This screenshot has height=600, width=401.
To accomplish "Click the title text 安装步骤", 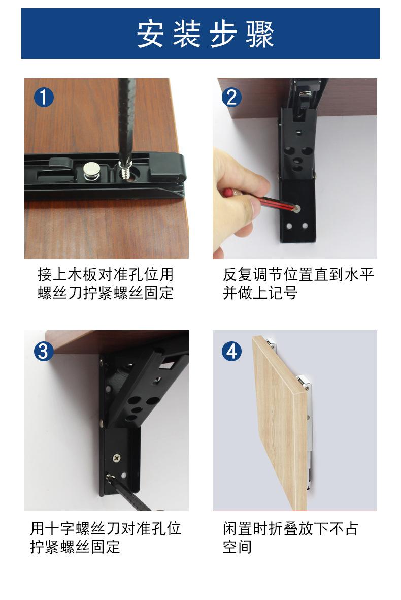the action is [x=205, y=34].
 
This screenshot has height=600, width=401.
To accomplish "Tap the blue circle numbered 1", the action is [x=44, y=97].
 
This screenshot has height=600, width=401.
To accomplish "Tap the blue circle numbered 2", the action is [x=231, y=97].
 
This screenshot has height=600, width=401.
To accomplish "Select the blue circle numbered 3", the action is [x=44, y=351].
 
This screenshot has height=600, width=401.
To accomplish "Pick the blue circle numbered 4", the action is [x=231, y=351].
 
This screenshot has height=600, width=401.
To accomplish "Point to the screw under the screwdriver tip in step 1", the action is [x=124, y=171].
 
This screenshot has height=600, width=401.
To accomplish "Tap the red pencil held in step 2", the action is [x=260, y=200].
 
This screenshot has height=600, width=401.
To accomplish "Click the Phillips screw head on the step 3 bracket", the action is [x=117, y=457].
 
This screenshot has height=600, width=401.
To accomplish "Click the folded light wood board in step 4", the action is [x=279, y=423].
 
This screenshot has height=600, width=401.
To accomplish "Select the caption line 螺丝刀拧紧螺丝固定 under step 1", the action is [x=106, y=293].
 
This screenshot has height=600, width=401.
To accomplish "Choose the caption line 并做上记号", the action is [x=260, y=293].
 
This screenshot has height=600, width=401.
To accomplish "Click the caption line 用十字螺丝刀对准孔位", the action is [x=106, y=528].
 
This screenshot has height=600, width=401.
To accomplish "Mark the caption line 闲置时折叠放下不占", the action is [x=290, y=528].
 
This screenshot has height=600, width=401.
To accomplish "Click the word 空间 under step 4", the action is [x=237, y=547].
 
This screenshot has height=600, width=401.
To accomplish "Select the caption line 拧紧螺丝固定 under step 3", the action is [x=75, y=547].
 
